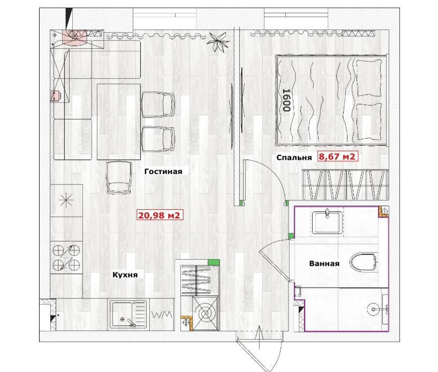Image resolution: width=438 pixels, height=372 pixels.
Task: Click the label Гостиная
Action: click(x=163, y=171)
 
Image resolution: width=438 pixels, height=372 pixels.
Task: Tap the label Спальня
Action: click(x=294, y=157)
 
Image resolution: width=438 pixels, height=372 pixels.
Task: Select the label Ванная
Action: click(x=324, y=263)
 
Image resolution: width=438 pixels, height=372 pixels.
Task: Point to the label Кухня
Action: click(x=125, y=275)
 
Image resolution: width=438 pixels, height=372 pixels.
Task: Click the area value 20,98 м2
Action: click(x=160, y=215)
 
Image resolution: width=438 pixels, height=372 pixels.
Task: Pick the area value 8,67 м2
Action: click(x=337, y=156)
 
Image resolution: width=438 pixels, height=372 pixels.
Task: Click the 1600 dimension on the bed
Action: click(x=286, y=100)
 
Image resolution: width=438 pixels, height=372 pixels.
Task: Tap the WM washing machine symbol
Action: click(x=162, y=315)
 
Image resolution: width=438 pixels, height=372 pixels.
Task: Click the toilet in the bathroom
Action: click(x=364, y=262)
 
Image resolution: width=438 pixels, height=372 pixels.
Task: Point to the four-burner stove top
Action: click(x=66, y=257)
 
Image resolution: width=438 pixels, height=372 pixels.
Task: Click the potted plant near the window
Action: click(x=217, y=41)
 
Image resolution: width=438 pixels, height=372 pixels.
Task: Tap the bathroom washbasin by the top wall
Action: click(x=327, y=222)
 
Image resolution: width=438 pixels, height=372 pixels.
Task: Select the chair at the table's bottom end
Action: click(x=119, y=178)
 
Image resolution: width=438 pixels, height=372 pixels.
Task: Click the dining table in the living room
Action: click(x=119, y=122)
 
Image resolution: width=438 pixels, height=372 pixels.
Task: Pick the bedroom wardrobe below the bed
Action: click(x=345, y=185)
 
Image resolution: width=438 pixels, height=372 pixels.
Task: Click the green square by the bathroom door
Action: click(x=291, y=236)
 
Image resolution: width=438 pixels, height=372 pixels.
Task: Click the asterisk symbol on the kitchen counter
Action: click(x=66, y=200)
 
